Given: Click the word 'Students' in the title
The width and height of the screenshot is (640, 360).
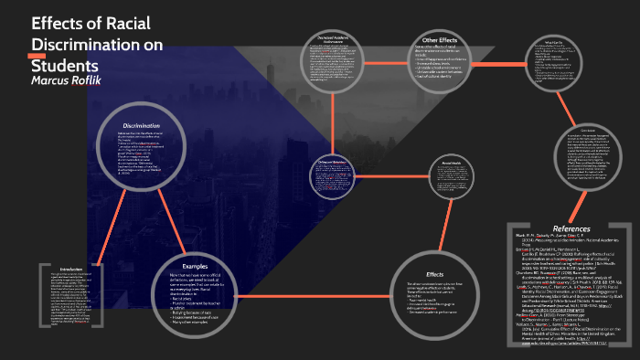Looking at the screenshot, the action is point(65,65).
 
